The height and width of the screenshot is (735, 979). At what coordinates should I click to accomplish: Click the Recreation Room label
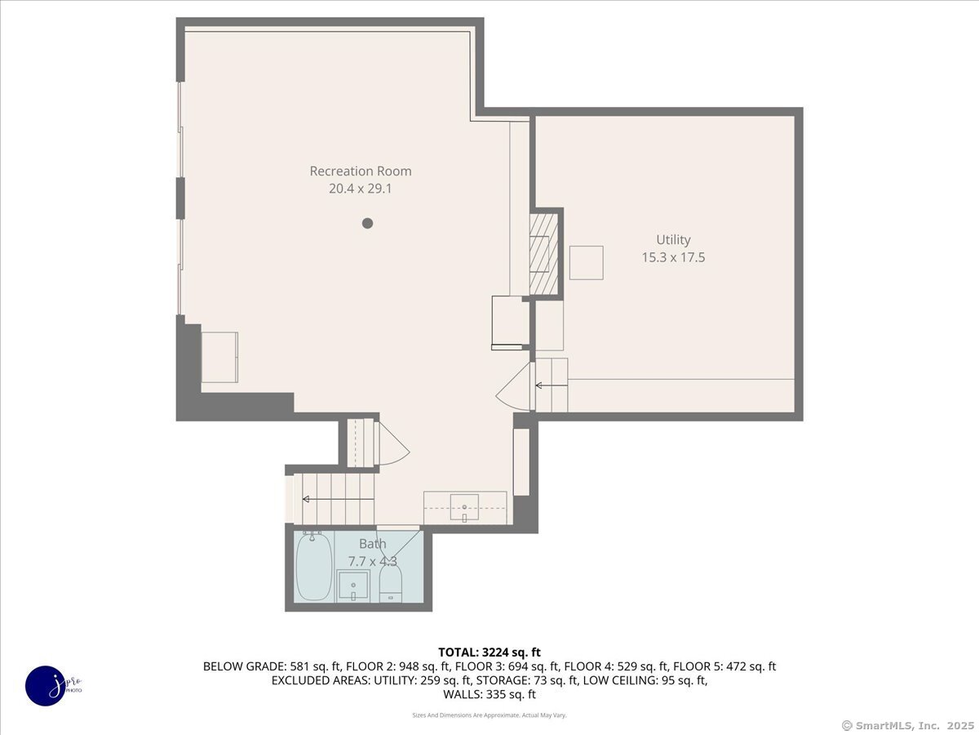coord(361,171)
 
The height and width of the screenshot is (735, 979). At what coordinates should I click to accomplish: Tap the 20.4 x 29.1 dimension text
coord(361,189)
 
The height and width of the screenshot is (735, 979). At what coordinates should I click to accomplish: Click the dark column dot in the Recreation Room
coord(368,223)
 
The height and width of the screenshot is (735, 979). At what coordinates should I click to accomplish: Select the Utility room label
coord(673,239)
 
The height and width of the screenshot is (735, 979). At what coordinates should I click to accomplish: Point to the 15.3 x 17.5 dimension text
coord(673,257)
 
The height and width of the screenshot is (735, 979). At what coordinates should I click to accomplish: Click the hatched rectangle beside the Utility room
coord(543,253)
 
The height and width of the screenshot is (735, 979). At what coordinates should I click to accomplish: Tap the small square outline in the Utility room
coord(586,262)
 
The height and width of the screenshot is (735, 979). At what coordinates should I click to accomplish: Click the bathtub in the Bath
coord(313,566)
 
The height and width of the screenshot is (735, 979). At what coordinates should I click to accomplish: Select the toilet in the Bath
coord(392,583)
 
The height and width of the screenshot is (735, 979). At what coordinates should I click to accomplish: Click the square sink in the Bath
coord(353,586)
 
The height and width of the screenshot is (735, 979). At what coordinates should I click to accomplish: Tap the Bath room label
coord(373,544)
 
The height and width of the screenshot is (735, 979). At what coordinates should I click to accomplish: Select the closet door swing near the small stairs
coord(392,447)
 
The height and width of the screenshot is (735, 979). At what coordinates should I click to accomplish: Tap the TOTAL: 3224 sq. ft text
coord(489,652)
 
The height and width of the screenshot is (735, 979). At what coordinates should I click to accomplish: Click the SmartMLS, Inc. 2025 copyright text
coord(907,725)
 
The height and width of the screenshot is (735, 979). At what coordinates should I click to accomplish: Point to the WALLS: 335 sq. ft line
coord(489,694)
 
